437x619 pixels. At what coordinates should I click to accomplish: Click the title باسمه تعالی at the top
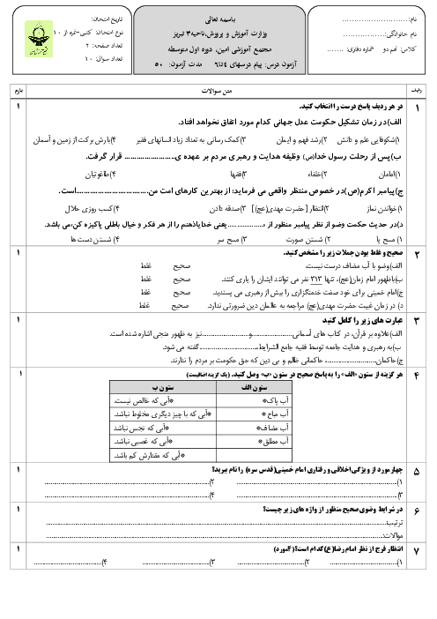coord(218,16)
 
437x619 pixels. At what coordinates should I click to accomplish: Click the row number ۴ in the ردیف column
coord(417,352)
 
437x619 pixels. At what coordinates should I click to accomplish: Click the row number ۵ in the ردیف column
coord(417,472)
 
